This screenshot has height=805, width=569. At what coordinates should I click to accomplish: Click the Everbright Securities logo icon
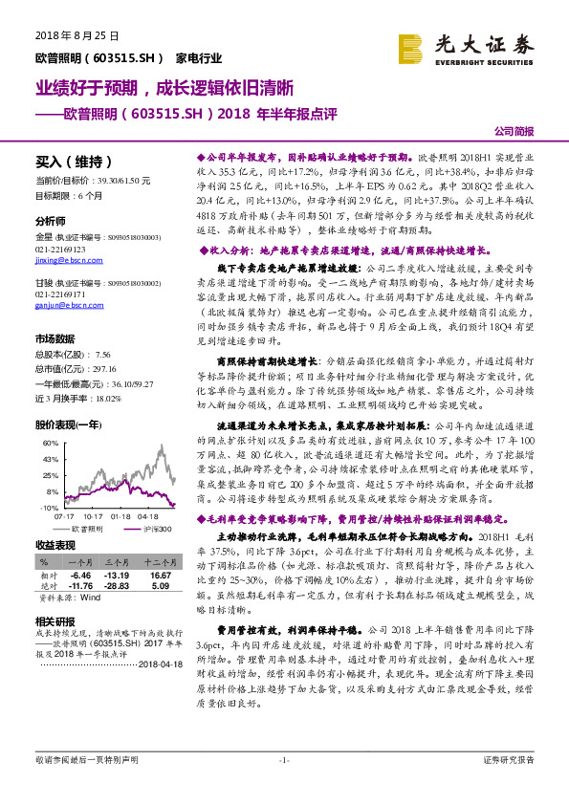(409, 45)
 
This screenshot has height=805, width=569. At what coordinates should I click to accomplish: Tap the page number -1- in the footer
(284, 786)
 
